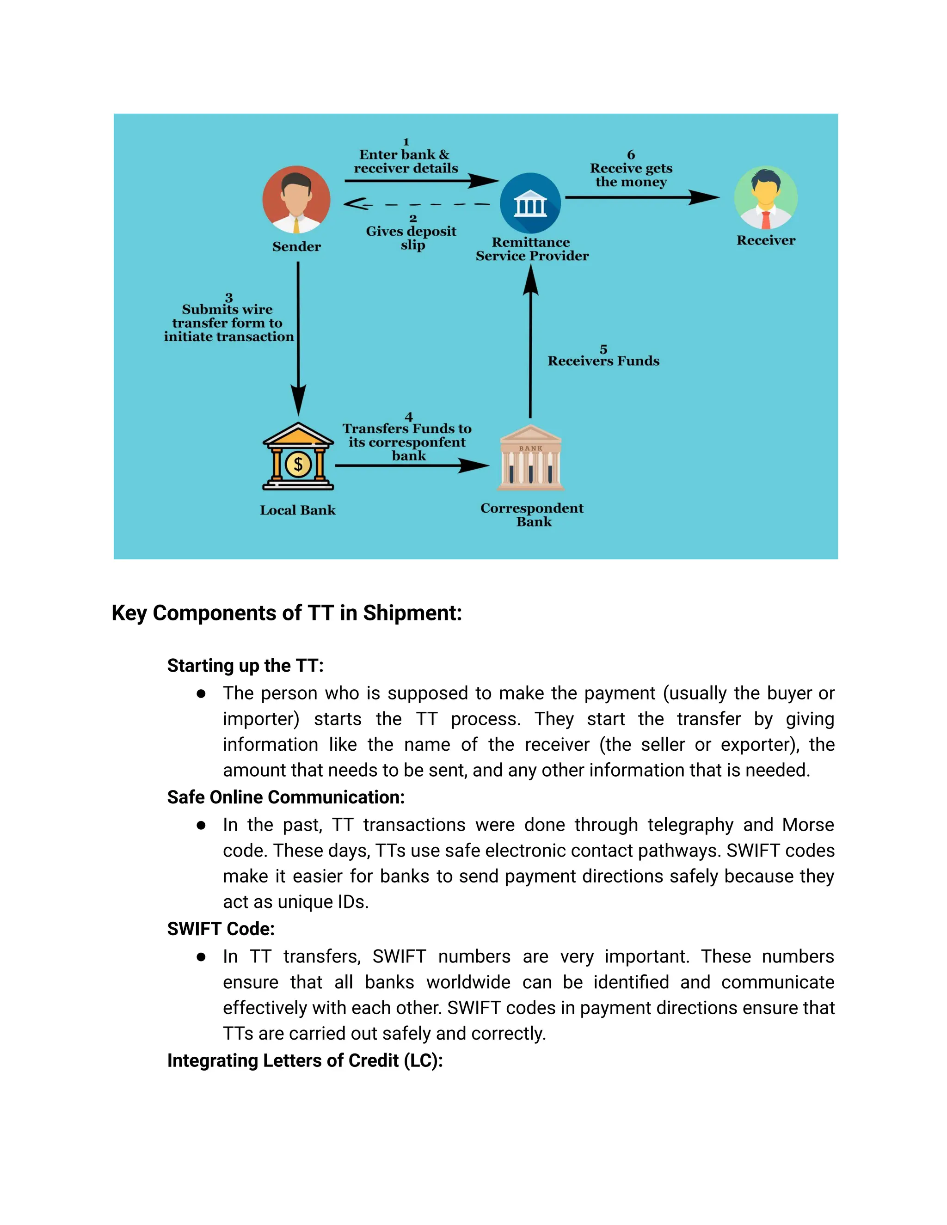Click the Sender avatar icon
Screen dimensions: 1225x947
click(296, 200)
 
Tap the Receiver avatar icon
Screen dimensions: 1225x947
click(766, 198)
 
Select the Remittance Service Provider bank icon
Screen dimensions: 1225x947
click(530, 203)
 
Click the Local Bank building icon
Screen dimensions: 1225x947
click(298, 457)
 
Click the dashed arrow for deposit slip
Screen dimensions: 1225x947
click(417, 204)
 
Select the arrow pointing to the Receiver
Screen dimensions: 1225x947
click(642, 197)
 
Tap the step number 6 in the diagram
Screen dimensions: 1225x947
click(631, 155)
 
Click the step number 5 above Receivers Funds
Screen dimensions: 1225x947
click(603, 349)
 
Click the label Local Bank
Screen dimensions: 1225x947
click(297, 510)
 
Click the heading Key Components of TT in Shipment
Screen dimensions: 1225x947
click(287, 613)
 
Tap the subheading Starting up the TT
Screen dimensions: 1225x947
click(245, 666)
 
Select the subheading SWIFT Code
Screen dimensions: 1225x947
click(221, 929)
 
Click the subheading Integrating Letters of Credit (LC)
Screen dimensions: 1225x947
click(305, 1060)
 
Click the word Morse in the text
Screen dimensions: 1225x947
click(808, 825)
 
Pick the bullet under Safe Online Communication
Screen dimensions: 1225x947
click(201, 825)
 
